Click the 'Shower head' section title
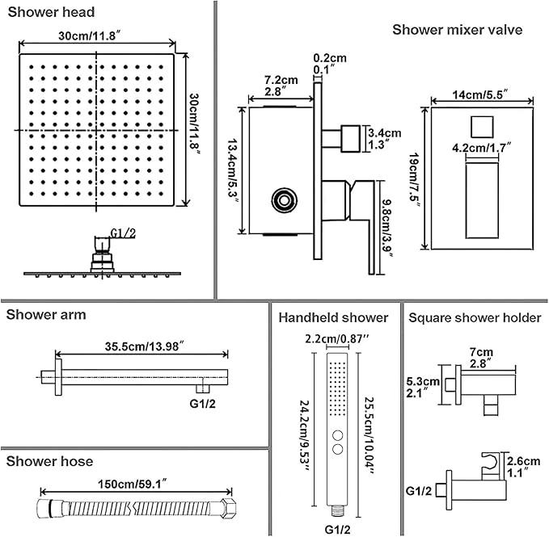coord(50,12)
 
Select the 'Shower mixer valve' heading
coord(457,30)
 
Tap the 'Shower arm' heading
coord(46,315)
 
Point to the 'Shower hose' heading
coord(50,462)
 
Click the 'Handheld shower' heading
coord(333,318)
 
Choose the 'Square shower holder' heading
coord(475,318)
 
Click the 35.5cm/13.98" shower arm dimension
coord(142,346)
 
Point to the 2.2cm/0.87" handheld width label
coord(334,338)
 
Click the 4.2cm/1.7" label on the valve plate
coord(482,147)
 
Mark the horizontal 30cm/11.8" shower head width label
coord(96,36)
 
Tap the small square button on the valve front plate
coord(480,126)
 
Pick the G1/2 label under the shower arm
coord(203,402)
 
